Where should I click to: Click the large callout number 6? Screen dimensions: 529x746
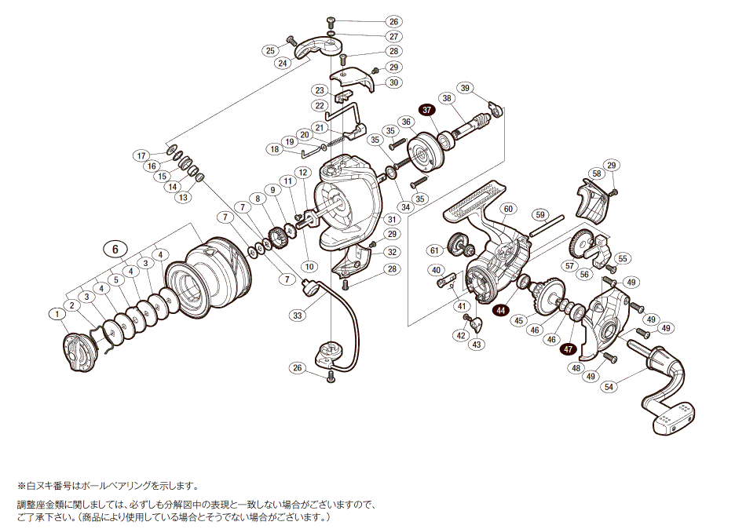[x=115, y=249]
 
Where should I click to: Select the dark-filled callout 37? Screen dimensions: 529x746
[x=427, y=110]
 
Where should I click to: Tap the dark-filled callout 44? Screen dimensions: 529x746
[x=501, y=311]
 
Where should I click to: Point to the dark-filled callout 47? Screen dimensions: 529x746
[x=569, y=350]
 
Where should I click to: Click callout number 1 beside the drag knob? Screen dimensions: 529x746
[x=57, y=315]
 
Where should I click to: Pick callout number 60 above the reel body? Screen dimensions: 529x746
[x=508, y=209]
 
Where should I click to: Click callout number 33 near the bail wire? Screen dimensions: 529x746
[x=297, y=316]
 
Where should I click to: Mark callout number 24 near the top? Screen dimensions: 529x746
[x=283, y=62]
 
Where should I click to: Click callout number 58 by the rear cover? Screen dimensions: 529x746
[x=597, y=173]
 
